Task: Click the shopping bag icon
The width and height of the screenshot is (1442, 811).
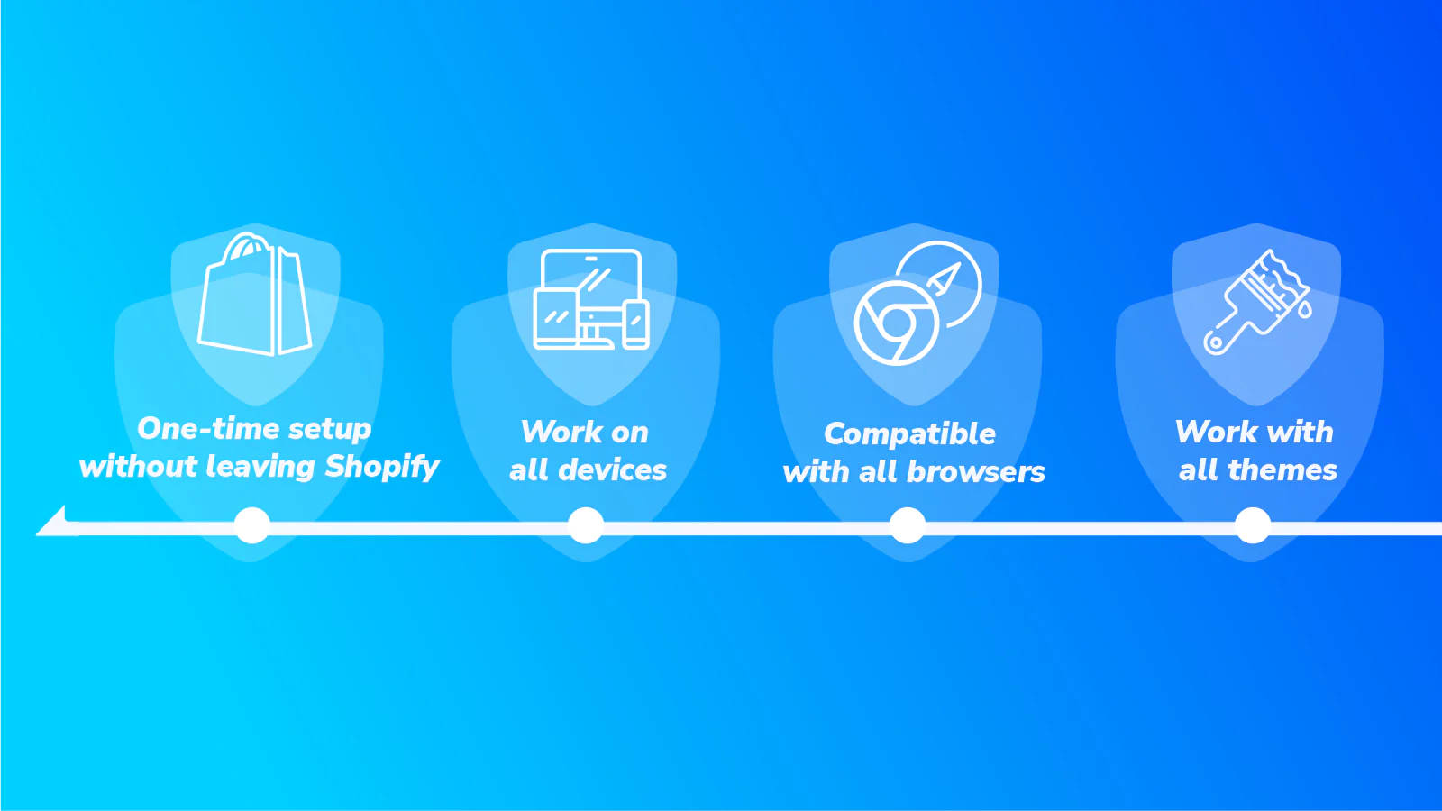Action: pos(255,294)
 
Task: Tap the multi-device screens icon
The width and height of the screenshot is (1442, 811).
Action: pos(591,299)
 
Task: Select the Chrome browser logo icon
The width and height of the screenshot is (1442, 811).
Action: pos(896,323)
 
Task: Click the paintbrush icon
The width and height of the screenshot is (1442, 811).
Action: pos(1256,302)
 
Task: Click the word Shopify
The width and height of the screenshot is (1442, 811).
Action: pos(382,467)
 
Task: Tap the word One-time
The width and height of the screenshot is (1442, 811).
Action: pos(208,429)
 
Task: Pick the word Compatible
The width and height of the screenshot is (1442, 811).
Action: pos(909,433)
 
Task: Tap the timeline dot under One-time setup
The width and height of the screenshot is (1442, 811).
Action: pos(252,525)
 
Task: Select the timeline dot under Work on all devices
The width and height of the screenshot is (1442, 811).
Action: pos(586,525)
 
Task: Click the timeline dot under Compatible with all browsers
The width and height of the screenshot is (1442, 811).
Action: pos(908,525)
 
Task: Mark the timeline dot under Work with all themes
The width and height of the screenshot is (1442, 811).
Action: pos(1253,525)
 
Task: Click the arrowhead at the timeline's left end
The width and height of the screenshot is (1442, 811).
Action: pos(54,523)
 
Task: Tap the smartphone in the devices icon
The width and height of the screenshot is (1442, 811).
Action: pos(635,324)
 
